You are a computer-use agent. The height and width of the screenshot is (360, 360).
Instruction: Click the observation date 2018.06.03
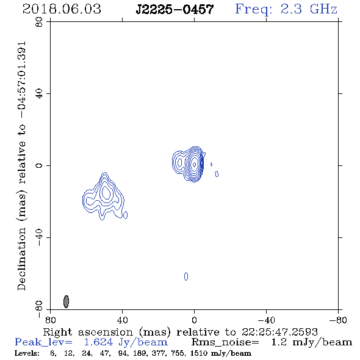tap(62, 9)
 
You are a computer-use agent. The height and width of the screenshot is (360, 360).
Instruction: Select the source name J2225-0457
tap(175, 10)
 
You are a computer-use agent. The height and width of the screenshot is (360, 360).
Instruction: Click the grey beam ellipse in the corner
tap(66, 301)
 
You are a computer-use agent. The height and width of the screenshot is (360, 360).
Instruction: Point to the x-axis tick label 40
tap(123, 320)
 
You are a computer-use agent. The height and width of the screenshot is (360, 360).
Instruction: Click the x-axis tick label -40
tap(266, 320)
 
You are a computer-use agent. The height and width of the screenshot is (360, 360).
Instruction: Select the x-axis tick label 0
tap(194, 320)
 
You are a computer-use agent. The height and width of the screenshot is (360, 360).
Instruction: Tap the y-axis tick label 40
tap(39, 94)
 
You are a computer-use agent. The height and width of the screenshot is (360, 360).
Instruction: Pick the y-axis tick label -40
tap(39, 237)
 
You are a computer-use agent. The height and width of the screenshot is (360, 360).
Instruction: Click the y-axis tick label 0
tap(39, 165)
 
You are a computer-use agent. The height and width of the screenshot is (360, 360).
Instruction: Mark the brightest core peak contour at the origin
tap(195, 164)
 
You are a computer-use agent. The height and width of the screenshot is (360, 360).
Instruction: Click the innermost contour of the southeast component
tap(106, 193)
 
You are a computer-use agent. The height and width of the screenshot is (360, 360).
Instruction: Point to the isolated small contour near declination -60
tap(186, 276)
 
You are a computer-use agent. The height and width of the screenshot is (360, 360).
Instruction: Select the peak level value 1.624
tap(98, 342)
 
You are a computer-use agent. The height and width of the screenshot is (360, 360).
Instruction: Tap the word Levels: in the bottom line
tap(27, 353)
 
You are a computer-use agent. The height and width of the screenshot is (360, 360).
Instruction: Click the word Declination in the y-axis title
tap(21, 259)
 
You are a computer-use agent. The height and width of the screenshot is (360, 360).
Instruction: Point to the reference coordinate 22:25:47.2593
tap(279, 332)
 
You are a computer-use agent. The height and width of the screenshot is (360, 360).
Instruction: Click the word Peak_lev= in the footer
tap(43, 342)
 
